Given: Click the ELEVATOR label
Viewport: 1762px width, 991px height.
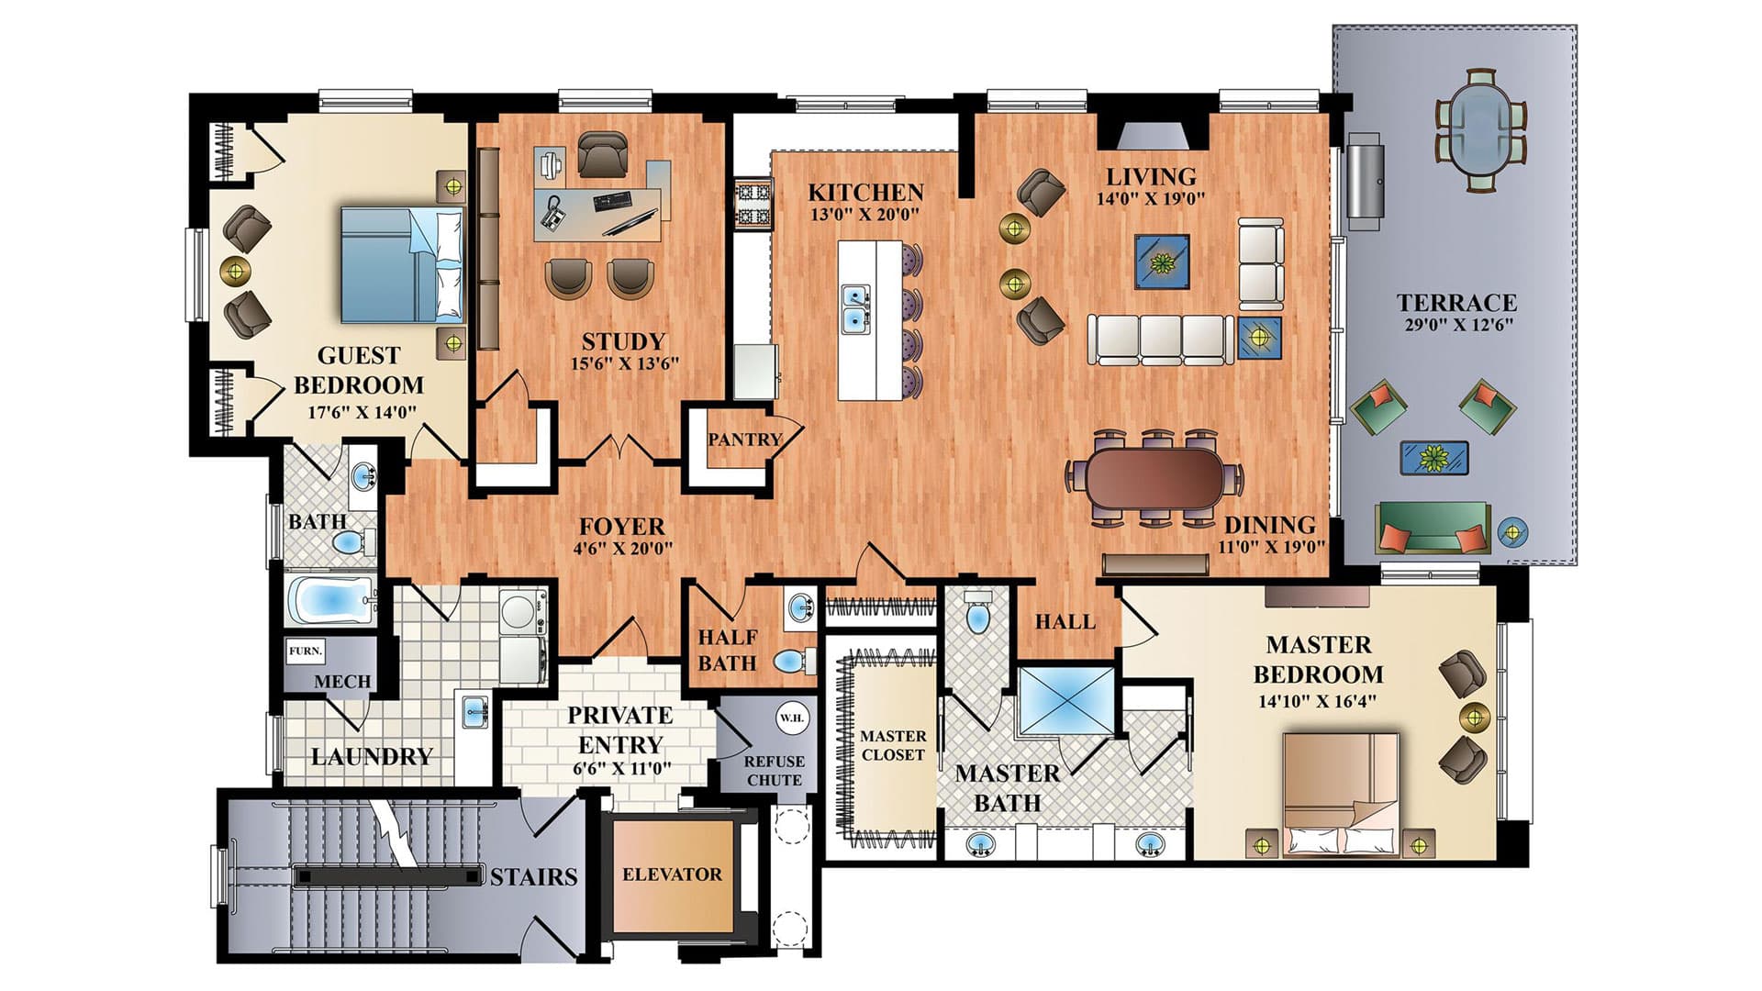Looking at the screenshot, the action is pos(672,874).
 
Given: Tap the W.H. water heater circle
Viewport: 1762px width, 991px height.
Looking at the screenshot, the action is pos(791,718).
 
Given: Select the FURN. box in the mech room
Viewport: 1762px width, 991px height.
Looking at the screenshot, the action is pos(306,651).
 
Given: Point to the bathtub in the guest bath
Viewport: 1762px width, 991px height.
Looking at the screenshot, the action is pos(330,602).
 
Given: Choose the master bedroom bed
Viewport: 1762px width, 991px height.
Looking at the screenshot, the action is pos(1341,793).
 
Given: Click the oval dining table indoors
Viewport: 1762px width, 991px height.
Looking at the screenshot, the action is pos(1154,477).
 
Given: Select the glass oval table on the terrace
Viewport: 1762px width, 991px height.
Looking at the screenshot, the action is pos(1480,129).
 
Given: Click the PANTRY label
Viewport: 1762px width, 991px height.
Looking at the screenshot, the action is pos(744,440).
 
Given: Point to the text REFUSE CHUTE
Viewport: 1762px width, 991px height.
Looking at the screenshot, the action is pos(775,771).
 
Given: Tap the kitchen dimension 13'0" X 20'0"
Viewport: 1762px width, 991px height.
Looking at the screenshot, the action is pos(864,215).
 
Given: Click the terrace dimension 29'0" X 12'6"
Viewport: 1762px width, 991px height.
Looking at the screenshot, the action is pos(1458,324).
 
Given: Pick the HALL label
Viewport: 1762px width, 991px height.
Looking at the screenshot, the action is pos(1065,622).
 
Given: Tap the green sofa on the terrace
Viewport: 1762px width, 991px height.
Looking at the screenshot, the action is pos(1433,527).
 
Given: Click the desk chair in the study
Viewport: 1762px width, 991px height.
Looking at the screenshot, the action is pos(603,152).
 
